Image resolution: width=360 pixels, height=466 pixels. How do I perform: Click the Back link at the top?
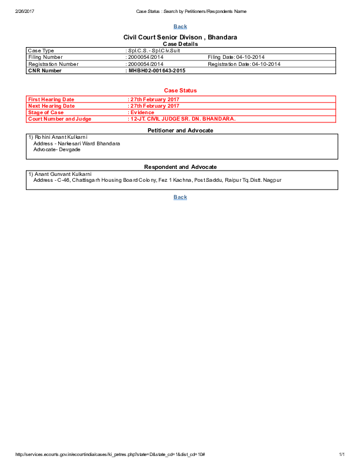tap(181, 26)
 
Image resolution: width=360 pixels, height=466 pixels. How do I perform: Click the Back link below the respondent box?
tap(181, 197)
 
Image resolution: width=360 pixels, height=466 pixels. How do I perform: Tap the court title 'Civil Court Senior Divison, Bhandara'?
tap(180, 37)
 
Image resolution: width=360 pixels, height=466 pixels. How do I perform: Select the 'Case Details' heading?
tap(180, 44)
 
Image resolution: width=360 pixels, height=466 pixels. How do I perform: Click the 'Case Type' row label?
tap(41, 51)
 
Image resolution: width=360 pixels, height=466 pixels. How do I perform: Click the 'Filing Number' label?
tap(45, 57)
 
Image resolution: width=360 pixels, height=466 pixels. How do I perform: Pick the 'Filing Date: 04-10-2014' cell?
tap(236, 57)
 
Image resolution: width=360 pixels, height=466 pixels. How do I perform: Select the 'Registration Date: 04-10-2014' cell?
tap(244, 64)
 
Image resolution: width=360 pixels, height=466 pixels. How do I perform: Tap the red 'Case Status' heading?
tap(180, 90)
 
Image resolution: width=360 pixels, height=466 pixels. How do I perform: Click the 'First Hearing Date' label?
tap(52, 99)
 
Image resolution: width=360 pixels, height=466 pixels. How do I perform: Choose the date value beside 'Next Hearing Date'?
tap(155, 106)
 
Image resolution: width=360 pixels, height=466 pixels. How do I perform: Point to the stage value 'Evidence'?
tap(142, 112)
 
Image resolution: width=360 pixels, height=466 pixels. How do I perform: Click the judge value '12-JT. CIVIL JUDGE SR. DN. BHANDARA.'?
tap(182, 119)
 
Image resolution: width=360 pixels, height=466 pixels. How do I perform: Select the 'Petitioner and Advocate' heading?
tap(180, 130)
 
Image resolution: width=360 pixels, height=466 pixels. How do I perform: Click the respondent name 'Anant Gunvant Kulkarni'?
tap(60, 174)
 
